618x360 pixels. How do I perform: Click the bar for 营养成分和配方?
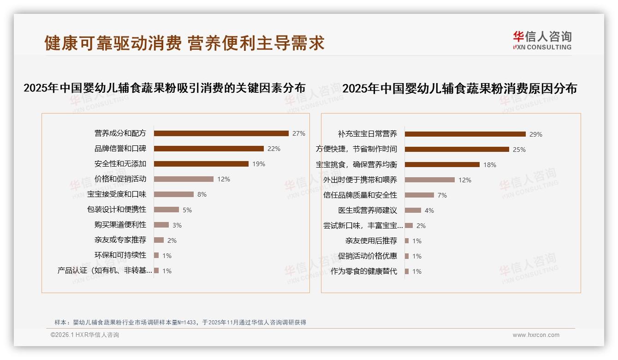pyautogui.click(x=221, y=133)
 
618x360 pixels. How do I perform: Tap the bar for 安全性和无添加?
pyautogui.click(x=201, y=164)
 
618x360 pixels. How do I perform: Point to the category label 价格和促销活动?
pyautogui.click(x=120, y=179)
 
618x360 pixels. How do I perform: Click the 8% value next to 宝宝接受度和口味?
pyautogui.click(x=202, y=194)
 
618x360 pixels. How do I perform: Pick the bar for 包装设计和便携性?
pyautogui.click(x=166, y=210)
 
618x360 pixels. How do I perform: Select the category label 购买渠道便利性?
pyautogui.click(x=120, y=225)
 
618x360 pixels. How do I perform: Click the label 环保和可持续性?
pyautogui.click(x=120, y=255)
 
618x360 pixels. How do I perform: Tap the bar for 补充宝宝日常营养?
pyautogui.click(x=465, y=134)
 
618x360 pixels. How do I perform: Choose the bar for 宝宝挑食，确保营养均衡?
pyautogui.click(x=442, y=165)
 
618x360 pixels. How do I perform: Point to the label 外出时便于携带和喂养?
pyautogui.click(x=360, y=180)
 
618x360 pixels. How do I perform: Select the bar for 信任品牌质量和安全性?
pyautogui.click(x=419, y=195)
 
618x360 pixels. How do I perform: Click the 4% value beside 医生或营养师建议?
pyautogui.click(x=429, y=210)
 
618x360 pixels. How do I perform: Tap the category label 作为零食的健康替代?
pyautogui.click(x=364, y=271)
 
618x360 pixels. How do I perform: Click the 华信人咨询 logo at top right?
pyautogui.click(x=542, y=40)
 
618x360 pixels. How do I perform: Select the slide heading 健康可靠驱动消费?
pyautogui.click(x=184, y=43)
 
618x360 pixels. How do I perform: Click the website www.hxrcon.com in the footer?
pyautogui.click(x=536, y=335)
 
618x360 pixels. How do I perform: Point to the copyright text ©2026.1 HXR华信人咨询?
pyautogui.click(x=85, y=335)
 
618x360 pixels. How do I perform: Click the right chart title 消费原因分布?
pyautogui.click(x=459, y=89)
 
